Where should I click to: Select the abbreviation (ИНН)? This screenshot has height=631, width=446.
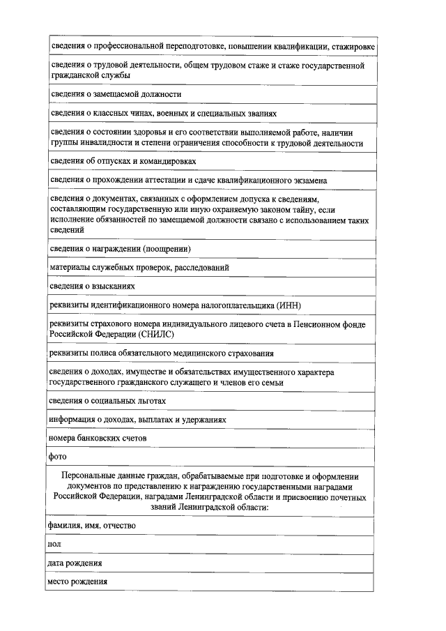click(x=289, y=305)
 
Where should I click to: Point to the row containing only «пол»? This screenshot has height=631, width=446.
click(x=54, y=544)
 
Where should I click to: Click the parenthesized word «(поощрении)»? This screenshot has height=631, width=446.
click(x=167, y=248)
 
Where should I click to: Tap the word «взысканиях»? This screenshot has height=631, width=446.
click(x=113, y=287)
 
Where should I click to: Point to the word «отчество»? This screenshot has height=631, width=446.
click(x=118, y=525)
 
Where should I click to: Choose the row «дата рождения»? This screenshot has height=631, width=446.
click(x=75, y=563)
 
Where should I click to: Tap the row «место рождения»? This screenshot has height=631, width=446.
click(x=77, y=581)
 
